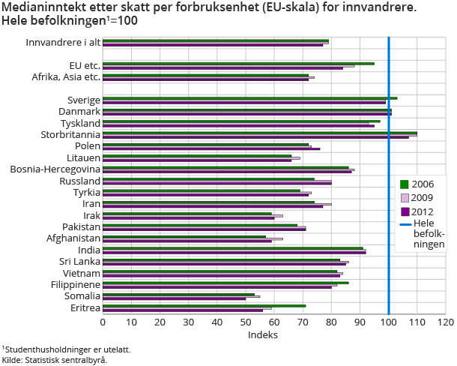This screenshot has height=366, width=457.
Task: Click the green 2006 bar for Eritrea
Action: point(204,305)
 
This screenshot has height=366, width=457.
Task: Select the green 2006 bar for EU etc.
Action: point(238,64)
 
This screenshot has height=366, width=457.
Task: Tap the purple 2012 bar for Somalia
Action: point(174,298)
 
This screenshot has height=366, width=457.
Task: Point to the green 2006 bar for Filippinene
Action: point(226,282)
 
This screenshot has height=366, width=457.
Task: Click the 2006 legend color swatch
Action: point(405,184)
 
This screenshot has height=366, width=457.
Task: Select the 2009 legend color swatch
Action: point(405,198)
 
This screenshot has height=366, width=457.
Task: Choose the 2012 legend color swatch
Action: point(405,211)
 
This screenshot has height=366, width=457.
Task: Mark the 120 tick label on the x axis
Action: point(445,322)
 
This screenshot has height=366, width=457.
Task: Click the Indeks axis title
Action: point(263,334)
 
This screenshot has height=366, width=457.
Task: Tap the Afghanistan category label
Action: point(70,238)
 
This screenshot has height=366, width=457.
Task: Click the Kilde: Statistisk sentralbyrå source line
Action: point(54,360)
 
